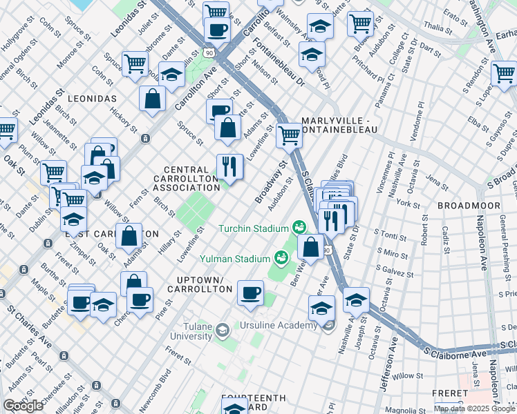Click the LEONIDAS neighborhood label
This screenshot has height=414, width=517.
coord(92,99)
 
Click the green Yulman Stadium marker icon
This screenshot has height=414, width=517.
coord(281,258)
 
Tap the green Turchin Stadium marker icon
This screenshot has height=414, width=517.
coord(299,226)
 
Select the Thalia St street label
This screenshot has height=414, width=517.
coord(437,28)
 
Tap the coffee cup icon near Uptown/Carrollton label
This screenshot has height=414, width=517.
coord(250,292)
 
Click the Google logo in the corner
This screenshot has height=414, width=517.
coord(23,406)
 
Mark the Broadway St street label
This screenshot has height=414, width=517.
coord(270,184)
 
